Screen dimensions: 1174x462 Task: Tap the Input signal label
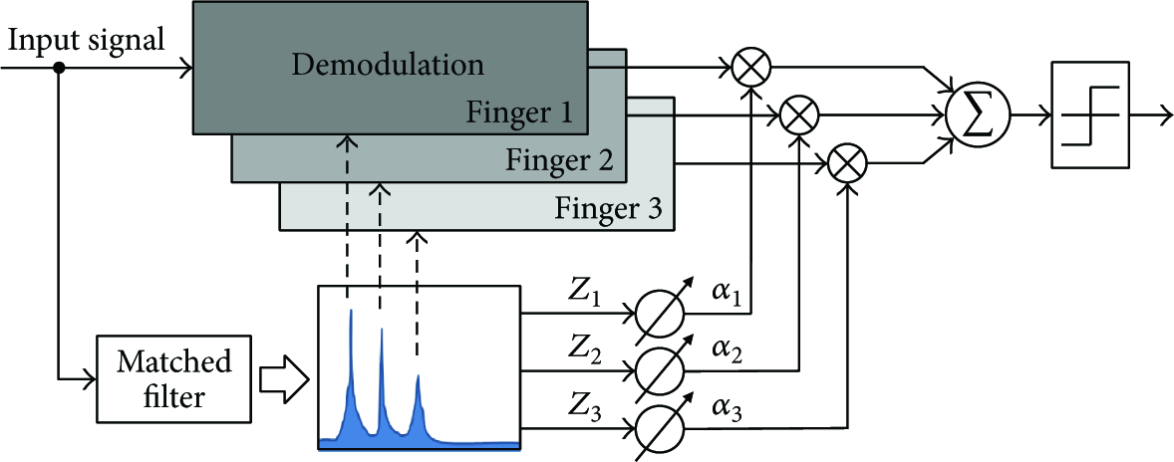click(85, 39)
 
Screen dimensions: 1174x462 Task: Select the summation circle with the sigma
click(978, 115)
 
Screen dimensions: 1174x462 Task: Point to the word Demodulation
click(388, 65)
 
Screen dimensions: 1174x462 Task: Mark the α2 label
click(726, 352)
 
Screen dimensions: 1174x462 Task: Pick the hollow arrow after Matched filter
click(283, 380)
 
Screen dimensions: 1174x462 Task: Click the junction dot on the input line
click(59, 68)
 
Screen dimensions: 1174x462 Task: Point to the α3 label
click(726, 411)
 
